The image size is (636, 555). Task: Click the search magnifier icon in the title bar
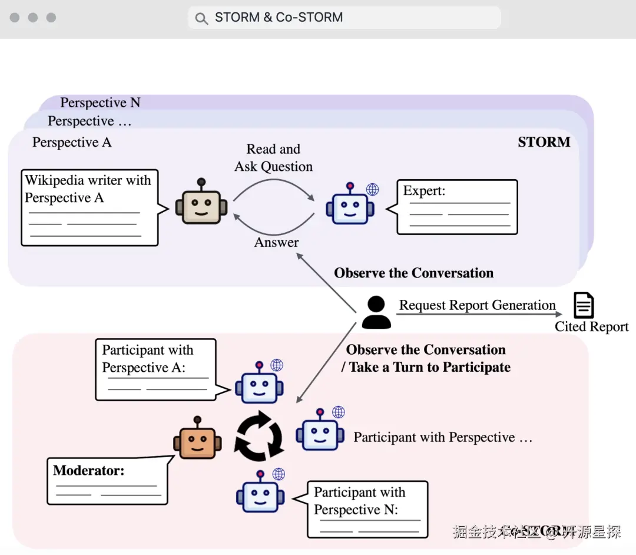pyautogui.click(x=201, y=18)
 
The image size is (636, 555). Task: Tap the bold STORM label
pyautogui.click(x=544, y=142)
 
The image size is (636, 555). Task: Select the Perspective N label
pyautogui.click(x=100, y=103)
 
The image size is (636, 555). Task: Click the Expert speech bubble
pyautogui.click(x=457, y=207)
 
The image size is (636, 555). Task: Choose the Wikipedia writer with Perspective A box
pyautogui.click(x=90, y=207)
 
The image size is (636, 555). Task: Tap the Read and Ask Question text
pyautogui.click(x=273, y=158)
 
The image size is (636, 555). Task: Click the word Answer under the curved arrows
pyautogui.click(x=276, y=242)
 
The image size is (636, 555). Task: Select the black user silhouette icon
pyautogui.click(x=376, y=312)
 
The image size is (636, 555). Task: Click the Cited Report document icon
pyautogui.click(x=584, y=306)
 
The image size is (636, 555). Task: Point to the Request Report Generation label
pyautogui.click(x=477, y=305)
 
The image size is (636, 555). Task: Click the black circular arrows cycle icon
pyautogui.click(x=259, y=437)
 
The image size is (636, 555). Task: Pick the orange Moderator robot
pyautogui.click(x=197, y=439)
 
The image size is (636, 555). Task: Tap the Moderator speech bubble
pyautogui.click(x=107, y=480)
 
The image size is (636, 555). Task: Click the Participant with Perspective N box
pyautogui.click(x=367, y=509)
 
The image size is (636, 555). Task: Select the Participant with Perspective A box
pyautogui.click(x=155, y=369)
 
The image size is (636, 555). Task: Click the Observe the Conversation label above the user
pyautogui.click(x=413, y=273)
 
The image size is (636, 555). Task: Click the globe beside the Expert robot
pyautogui.click(x=372, y=189)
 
